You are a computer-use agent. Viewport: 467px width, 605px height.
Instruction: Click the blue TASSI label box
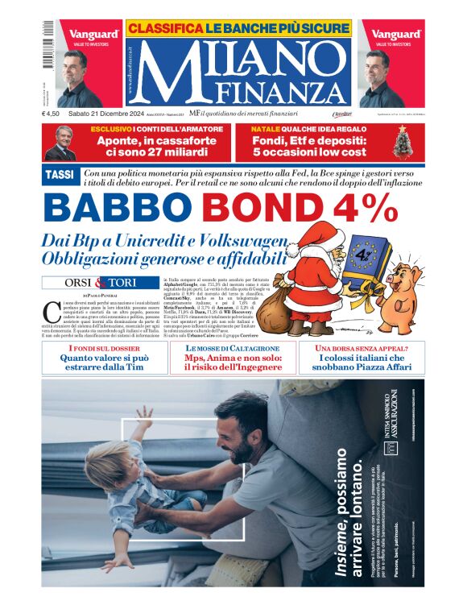point(61,174)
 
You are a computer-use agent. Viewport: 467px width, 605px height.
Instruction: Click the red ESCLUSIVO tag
point(111,129)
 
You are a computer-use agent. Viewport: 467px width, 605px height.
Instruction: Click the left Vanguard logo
point(93,35)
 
